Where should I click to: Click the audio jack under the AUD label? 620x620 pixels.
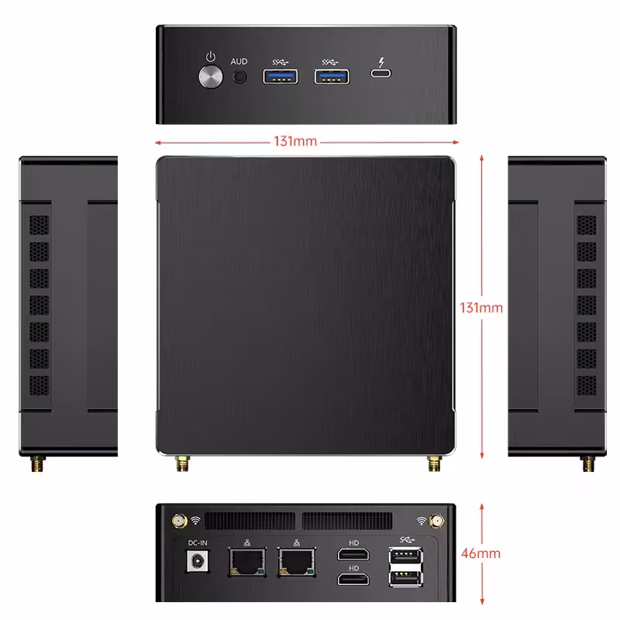pos(240,77)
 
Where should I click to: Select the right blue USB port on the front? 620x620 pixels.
pos(332,76)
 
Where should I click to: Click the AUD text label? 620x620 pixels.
pos(239,60)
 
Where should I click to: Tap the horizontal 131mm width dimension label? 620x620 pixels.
pos(294,142)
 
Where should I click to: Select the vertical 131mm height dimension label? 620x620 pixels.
pos(481,308)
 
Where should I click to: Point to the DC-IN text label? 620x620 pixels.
pos(199,543)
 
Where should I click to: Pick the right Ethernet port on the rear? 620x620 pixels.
pos(297,563)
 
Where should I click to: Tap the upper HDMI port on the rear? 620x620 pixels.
pos(353,554)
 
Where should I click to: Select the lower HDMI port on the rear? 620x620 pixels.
pos(353,579)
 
